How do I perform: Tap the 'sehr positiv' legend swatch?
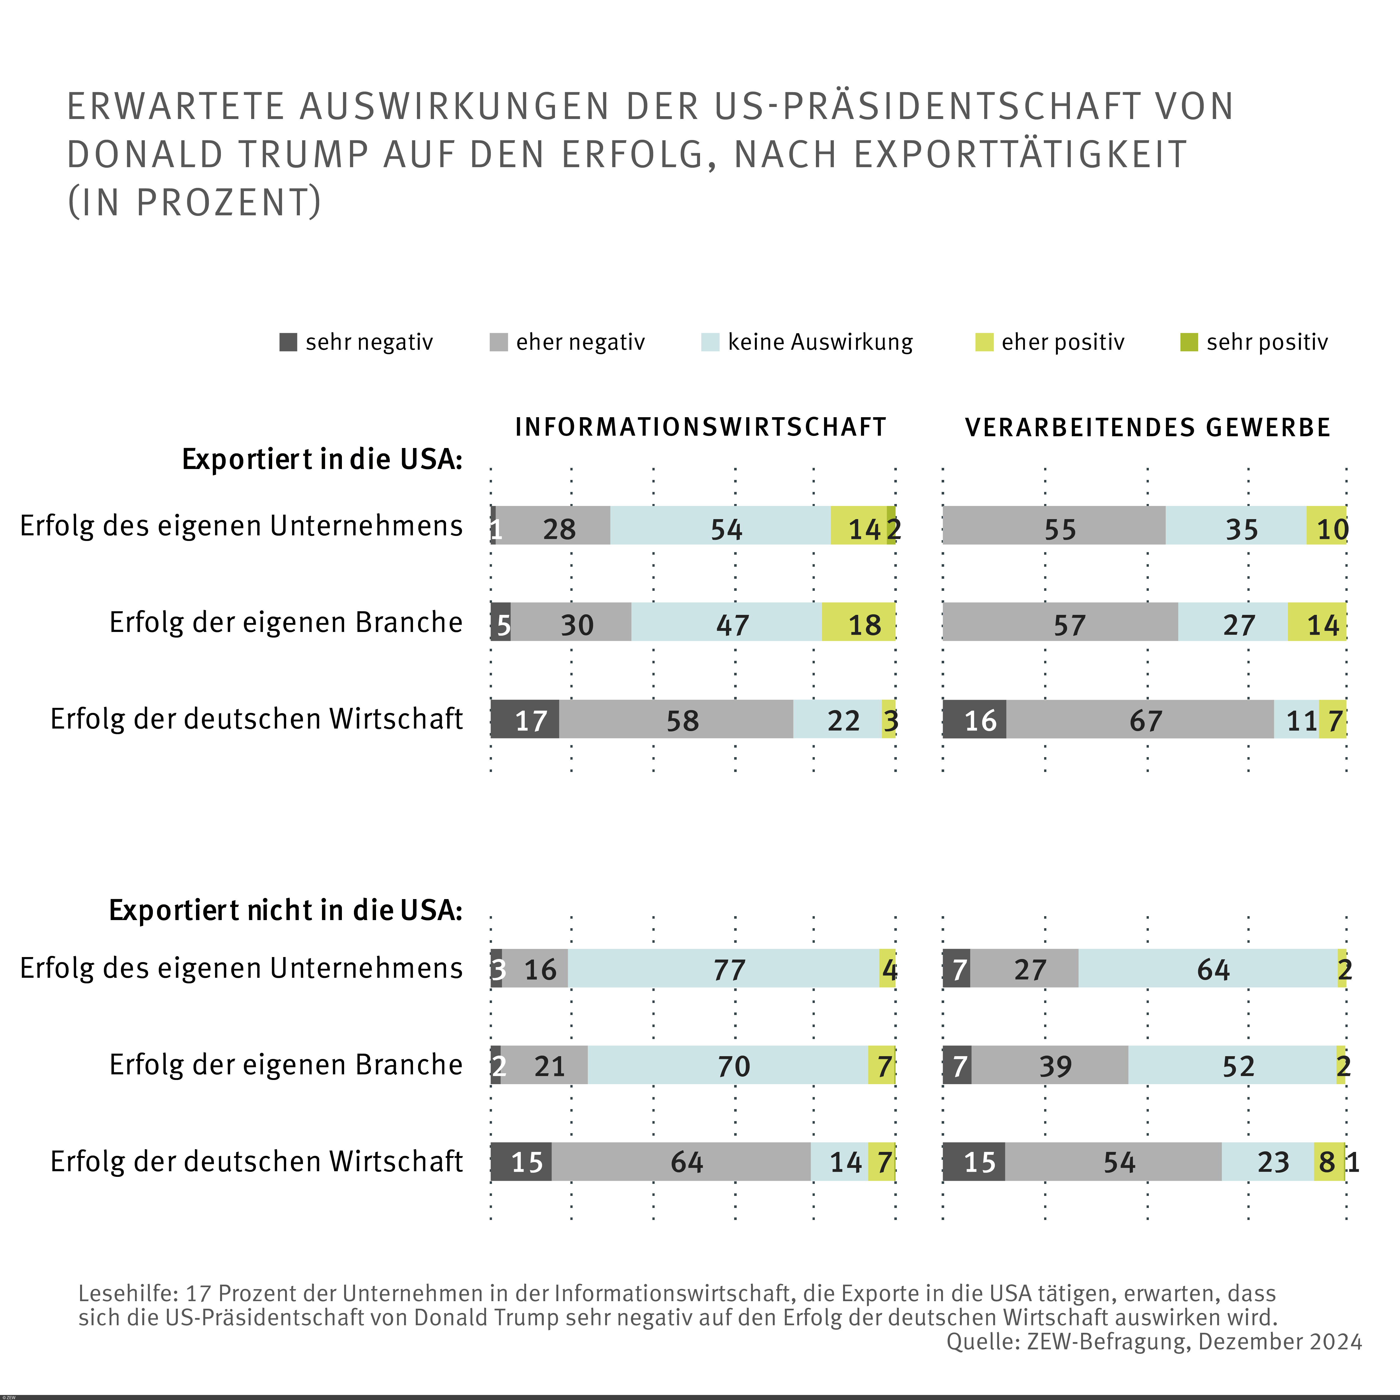1189,342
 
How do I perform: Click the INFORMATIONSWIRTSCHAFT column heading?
701,428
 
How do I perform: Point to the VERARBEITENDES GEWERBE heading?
1148,428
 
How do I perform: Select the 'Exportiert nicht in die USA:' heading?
286,910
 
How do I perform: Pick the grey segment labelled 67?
1140,720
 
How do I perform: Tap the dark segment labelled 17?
525,720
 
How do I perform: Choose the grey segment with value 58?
676,720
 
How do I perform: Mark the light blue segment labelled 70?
727,1065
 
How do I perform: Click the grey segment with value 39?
1050,1065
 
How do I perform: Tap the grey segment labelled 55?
1054,526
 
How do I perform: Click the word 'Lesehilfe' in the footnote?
127,1294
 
